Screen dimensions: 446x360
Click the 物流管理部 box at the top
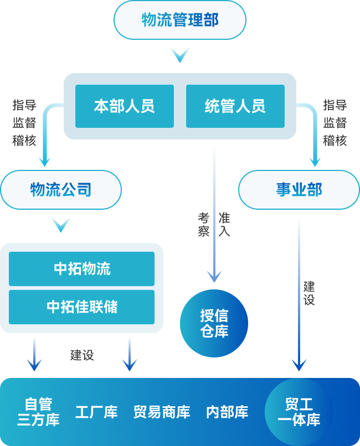tap(179, 20)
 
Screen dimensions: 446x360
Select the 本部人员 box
tap(124, 106)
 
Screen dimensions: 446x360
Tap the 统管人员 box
tap(235, 106)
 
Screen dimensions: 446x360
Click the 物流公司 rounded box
tap(60, 190)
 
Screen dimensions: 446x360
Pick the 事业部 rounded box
tap(299, 190)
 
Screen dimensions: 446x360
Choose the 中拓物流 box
tap(81, 269)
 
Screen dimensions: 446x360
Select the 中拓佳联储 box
tap(81, 307)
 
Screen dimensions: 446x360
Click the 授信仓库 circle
tap(214, 323)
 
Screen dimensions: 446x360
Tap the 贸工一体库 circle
tap(299, 412)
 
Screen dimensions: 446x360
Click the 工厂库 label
tap(96, 412)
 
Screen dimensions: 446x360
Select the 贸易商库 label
tap(162, 412)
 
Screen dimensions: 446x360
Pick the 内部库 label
tap(227, 412)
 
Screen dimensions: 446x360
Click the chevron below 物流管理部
tap(180, 55)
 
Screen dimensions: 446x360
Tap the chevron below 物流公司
tap(60, 224)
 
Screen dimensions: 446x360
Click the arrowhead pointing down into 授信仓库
tap(214, 276)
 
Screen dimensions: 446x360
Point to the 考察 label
tap(204, 224)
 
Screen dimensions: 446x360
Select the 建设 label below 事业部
tap(309, 293)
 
